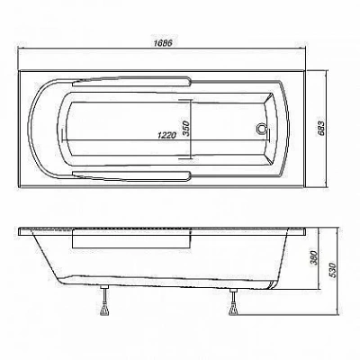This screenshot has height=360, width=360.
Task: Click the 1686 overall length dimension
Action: click(x=163, y=43)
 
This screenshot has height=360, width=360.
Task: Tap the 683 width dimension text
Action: click(x=320, y=129)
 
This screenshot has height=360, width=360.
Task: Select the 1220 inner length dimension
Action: click(x=166, y=136)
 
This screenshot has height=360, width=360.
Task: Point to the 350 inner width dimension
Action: click(x=186, y=129)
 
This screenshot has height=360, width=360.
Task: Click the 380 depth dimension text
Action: click(x=313, y=258)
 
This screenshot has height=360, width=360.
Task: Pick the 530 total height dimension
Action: click(x=334, y=271)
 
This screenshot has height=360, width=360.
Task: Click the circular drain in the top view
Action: click(x=261, y=129)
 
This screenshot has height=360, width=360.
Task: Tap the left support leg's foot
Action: click(x=104, y=310)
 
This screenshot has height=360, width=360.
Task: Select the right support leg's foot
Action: click(x=233, y=310)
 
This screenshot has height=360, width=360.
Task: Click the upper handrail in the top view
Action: click(x=132, y=82)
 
